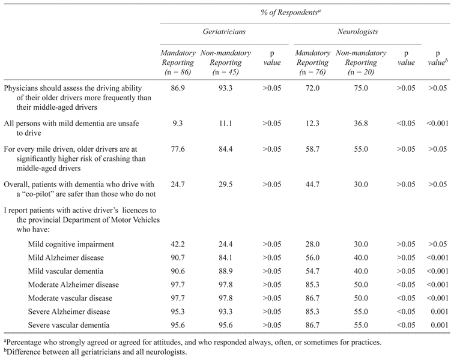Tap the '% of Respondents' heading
305,8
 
